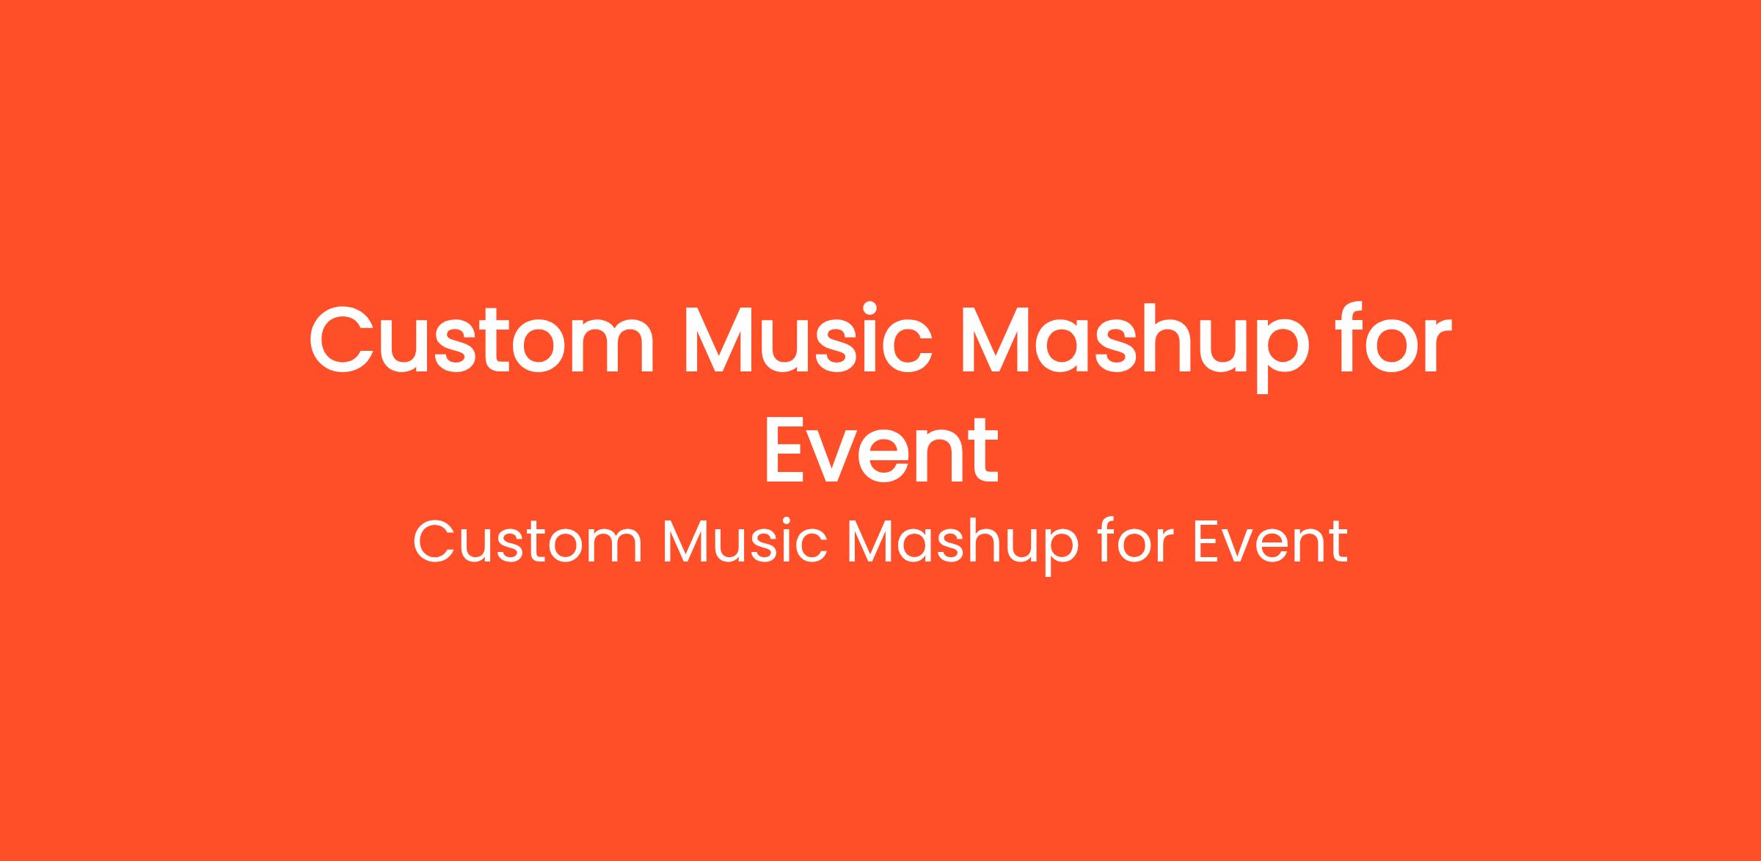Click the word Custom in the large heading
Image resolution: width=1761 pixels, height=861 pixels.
click(x=481, y=340)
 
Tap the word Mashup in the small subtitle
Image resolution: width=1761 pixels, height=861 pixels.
click(x=963, y=547)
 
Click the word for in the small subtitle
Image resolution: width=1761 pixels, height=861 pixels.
click(x=1136, y=541)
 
